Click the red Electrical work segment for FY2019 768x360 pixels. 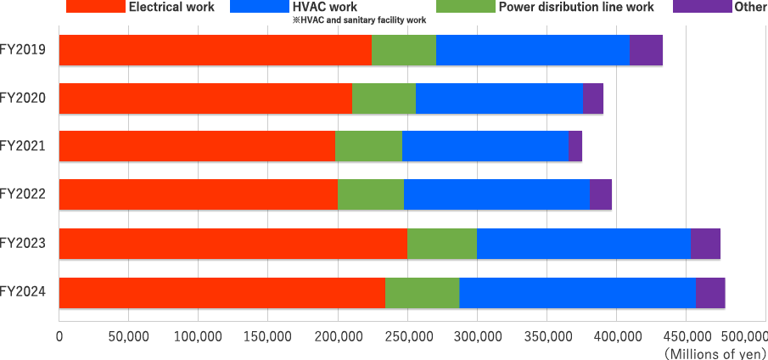215,51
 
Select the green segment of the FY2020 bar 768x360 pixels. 384,99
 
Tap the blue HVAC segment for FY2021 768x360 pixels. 485,147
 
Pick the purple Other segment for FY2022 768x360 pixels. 601,195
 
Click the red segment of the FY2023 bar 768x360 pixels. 233,244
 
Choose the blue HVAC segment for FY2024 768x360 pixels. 577,292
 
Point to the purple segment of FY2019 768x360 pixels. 646,51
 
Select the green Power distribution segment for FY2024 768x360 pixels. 422,292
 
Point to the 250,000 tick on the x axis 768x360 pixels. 407,337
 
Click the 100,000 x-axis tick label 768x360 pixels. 198,337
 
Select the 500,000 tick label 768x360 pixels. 742,337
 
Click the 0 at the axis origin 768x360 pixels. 59,337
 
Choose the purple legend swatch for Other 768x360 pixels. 702,6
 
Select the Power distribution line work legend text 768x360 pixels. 576,8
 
